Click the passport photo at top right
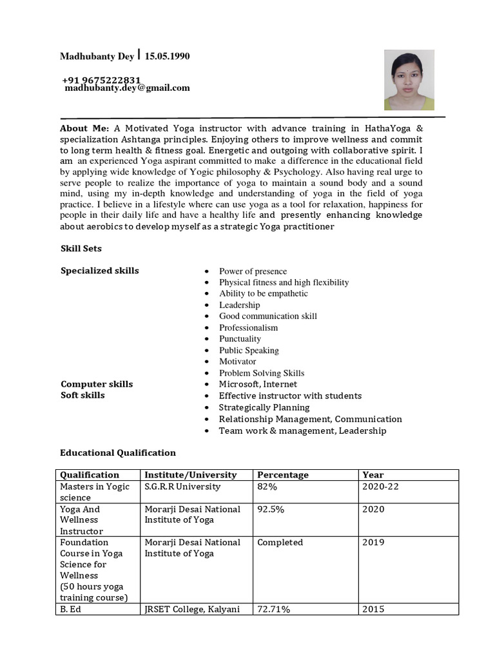click(x=409, y=80)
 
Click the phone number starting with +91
click(x=101, y=80)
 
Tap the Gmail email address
click(x=127, y=88)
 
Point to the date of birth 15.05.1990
click(x=167, y=57)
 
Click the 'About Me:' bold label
click(x=84, y=128)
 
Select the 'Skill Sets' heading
click(x=81, y=248)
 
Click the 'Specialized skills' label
click(x=99, y=271)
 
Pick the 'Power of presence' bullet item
click(x=253, y=271)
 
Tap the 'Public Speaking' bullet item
click(x=249, y=351)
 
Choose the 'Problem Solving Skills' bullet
click(x=262, y=373)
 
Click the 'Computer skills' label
click(x=97, y=384)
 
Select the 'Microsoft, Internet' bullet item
click(x=258, y=384)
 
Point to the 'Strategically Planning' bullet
click(x=264, y=407)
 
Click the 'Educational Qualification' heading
click(x=118, y=453)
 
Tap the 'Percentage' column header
click(x=282, y=475)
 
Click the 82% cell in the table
click(x=267, y=487)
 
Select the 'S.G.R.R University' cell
click(x=182, y=487)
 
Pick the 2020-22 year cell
click(x=380, y=487)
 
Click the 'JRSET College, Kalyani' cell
click(x=192, y=609)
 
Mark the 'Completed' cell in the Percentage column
click(x=280, y=543)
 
